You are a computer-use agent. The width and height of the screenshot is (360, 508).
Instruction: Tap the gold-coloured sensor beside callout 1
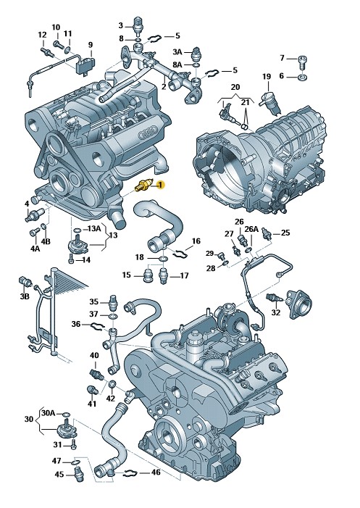point(143,186)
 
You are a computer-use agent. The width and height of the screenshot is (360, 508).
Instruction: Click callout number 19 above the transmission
point(267,77)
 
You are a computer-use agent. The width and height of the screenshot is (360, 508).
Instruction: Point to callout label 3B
point(25,296)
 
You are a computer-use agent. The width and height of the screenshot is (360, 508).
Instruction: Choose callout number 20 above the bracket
point(235,87)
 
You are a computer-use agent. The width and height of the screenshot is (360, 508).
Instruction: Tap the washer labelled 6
point(303,78)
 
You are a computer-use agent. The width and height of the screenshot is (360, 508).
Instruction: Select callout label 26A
point(251,230)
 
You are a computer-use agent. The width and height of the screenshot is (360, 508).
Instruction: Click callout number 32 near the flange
point(276,312)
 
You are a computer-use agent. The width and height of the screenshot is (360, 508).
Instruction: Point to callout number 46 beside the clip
point(156,472)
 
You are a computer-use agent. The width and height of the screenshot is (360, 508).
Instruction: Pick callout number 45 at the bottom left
point(59,475)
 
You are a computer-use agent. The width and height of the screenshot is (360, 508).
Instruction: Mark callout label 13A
point(94,229)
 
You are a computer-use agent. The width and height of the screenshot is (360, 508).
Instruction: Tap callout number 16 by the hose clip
point(196,241)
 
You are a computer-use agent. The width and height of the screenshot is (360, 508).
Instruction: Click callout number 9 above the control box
point(91,45)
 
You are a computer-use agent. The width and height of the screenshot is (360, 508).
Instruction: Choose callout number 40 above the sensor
point(94,355)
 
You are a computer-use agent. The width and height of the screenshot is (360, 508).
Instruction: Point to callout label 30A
point(49,413)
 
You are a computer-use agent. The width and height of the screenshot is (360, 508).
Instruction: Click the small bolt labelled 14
point(71,259)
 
